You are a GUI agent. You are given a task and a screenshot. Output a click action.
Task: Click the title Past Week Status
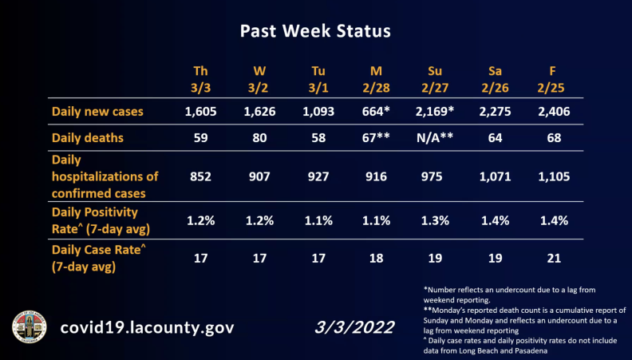(315, 32)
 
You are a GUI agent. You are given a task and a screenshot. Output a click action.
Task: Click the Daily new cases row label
(97, 112)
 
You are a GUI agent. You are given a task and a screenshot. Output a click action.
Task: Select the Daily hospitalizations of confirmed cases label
(105, 176)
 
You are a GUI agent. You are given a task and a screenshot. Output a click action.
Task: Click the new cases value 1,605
(200, 112)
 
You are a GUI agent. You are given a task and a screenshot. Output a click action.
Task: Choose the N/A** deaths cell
(435, 137)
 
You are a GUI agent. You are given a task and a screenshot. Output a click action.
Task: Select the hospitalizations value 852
(200, 176)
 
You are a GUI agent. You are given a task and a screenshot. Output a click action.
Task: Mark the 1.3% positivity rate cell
(435, 220)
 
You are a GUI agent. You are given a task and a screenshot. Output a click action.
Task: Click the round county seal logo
(30, 326)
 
